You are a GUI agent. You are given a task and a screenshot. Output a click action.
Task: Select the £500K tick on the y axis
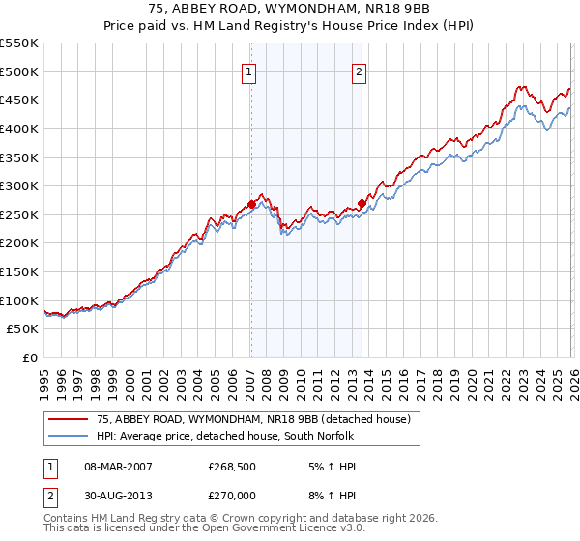pos(19,71)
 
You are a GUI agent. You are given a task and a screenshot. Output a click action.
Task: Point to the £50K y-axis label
pos(23,329)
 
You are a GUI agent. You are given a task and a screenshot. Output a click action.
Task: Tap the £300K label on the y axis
pos(19,185)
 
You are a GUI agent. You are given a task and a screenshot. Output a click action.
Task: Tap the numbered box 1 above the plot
pos(250,71)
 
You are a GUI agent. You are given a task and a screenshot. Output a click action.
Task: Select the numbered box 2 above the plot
pos(360,71)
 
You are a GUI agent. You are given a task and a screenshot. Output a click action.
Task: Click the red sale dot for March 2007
pos(251,204)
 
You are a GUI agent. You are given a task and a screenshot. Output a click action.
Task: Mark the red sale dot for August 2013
pos(362,203)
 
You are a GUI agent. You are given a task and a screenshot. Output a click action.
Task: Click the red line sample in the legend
pos(70,419)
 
